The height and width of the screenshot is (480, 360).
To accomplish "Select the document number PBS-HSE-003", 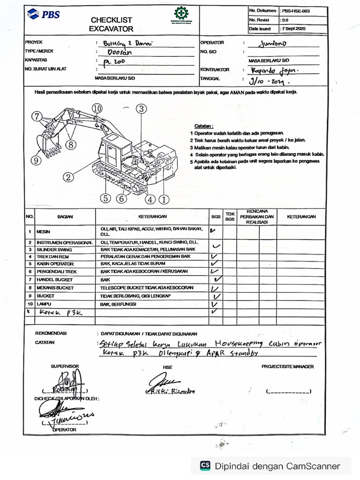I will point(295,10).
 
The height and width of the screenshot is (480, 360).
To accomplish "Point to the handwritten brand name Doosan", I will point(113,52).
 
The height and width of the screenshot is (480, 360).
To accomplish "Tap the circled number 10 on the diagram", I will point(97,108).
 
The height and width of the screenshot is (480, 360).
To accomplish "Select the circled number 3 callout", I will point(141,108).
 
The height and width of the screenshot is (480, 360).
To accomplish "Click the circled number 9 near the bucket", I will point(37,160).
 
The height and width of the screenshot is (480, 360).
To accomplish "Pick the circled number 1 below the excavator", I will point(164,199).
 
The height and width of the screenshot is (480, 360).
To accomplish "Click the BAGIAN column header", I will point(65,217).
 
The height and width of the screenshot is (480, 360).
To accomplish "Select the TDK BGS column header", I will point(230,217).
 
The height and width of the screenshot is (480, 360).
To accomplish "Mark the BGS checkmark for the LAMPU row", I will point(216,304).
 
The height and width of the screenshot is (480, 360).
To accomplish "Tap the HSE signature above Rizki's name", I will point(162,380).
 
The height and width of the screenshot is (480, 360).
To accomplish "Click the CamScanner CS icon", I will point(205,465).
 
